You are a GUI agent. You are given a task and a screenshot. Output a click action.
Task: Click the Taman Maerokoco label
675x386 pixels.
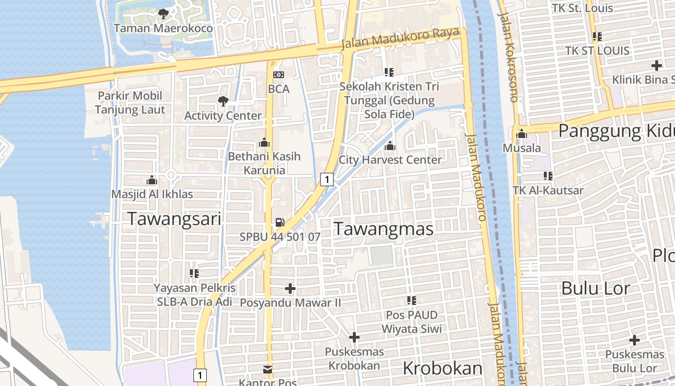(x=163, y=28)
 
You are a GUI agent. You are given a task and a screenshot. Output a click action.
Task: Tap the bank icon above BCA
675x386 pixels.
(x=279, y=75)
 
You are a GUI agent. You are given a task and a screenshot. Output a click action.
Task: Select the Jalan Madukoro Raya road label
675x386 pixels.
(x=400, y=38)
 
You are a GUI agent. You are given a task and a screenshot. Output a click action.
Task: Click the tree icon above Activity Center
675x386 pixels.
(x=223, y=101)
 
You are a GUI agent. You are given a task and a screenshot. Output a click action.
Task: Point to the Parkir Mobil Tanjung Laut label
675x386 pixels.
(x=130, y=102)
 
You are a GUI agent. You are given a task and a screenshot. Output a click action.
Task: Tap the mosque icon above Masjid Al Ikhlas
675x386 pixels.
(x=152, y=180)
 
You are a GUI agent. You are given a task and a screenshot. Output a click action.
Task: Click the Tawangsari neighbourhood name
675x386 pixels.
(x=174, y=219)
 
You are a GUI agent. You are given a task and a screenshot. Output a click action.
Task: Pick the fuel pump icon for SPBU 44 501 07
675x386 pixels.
(x=280, y=222)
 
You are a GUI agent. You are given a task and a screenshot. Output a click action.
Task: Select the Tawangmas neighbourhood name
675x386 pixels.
(x=383, y=229)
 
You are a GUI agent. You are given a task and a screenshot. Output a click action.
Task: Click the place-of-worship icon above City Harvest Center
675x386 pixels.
(x=390, y=145)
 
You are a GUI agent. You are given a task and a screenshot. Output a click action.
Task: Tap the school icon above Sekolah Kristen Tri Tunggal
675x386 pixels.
(x=389, y=72)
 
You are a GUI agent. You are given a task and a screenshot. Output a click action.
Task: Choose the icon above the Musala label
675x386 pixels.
(x=521, y=134)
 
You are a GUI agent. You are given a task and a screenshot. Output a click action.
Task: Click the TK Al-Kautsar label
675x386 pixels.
(x=548, y=190)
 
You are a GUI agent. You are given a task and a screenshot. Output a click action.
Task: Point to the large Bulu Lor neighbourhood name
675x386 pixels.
(x=596, y=289)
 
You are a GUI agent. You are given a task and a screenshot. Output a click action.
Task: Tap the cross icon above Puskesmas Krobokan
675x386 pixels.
(x=354, y=337)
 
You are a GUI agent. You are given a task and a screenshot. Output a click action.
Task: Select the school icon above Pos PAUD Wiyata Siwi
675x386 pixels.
(x=411, y=301)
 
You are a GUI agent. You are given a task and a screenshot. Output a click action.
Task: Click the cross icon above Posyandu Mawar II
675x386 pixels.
(x=290, y=289)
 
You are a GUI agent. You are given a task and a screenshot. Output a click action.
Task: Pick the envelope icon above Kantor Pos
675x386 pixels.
(x=267, y=370)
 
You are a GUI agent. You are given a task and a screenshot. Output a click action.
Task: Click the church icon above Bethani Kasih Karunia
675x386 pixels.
(x=264, y=143)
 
